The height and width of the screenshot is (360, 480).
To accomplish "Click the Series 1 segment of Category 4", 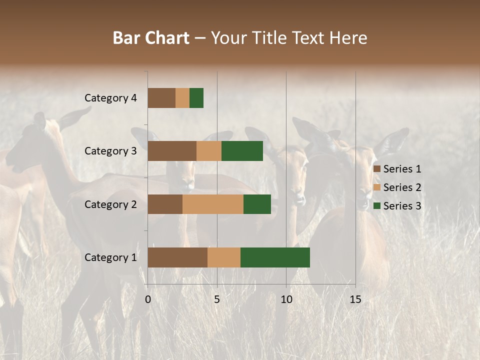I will pyautogui.click(x=161, y=98).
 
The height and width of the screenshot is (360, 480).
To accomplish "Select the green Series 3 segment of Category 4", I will pyautogui.click(x=196, y=98).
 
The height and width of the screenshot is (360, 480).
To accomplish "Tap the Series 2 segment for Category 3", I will pyautogui.click(x=209, y=151).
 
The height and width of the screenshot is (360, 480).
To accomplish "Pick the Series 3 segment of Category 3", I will pyautogui.click(x=242, y=151).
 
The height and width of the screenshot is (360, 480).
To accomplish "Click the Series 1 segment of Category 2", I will pyautogui.click(x=165, y=204).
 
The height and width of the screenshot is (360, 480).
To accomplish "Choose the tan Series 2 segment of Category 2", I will pyautogui.click(x=213, y=204).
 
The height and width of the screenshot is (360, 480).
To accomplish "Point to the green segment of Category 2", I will pyautogui.click(x=257, y=204).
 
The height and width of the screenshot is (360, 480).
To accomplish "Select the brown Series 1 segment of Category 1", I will pyautogui.click(x=177, y=257).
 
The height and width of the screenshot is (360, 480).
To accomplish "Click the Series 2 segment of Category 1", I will pyautogui.click(x=224, y=257).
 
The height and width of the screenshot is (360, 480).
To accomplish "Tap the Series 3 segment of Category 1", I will pyautogui.click(x=275, y=257).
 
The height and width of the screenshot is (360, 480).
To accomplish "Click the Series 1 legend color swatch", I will pyautogui.click(x=376, y=169).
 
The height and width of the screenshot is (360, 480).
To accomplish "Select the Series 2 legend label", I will pyautogui.click(x=402, y=187).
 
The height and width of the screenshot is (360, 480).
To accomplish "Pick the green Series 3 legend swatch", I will pyautogui.click(x=376, y=206).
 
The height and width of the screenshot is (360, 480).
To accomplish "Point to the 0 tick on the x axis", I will pyautogui.click(x=148, y=299).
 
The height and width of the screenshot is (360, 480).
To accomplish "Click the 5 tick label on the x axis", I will pyautogui.click(x=217, y=299).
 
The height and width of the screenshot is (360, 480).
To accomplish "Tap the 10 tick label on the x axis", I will pyautogui.click(x=286, y=299).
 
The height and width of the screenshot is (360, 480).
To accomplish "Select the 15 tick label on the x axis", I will pyautogui.click(x=355, y=299).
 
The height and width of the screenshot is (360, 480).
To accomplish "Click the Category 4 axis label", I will pyautogui.click(x=110, y=98).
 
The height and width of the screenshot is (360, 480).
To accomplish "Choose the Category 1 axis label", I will pyautogui.click(x=110, y=257).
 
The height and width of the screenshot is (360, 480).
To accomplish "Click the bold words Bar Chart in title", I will pyautogui.click(x=151, y=38).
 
